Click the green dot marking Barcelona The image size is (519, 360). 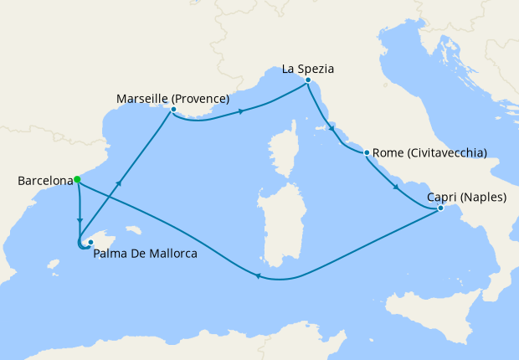tap(77, 179)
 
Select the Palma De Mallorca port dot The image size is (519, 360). tap(90, 242)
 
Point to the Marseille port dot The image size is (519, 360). tap(173, 110)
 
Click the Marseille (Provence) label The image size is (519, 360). tap(172, 97)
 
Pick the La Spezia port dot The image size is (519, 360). tap(308, 80)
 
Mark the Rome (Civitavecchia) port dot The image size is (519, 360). tap(367, 152)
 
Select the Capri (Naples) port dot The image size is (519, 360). tap(440, 208)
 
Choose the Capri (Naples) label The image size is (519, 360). tap(461, 197)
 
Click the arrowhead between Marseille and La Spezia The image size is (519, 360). tap(242, 111)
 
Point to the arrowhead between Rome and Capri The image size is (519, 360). tap(395, 185)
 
